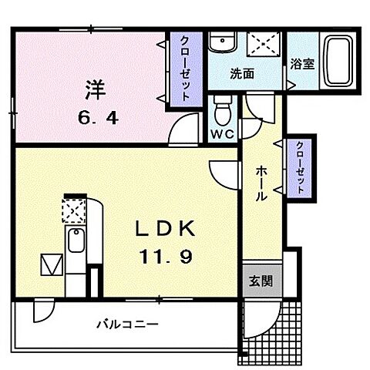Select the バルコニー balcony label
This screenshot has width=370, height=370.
pyautogui.click(x=127, y=325)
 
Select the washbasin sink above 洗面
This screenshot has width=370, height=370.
pyautogui.click(x=223, y=43)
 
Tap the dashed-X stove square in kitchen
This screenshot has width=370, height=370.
pyautogui.click(x=73, y=210)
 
